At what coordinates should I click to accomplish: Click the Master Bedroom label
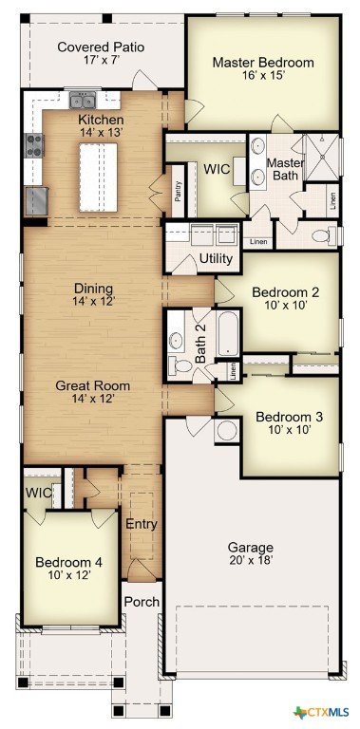pyautogui.click(x=263, y=63)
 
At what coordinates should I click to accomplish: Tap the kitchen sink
pyautogui.click(x=83, y=100)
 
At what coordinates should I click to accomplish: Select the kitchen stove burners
pyautogui.click(x=34, y=145)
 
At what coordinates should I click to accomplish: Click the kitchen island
pyautogui.click(x=98, y=178)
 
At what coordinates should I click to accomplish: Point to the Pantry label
pyautogui.click(x=178, y=191)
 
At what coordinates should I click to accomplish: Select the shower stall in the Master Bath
pyautogui.click(x=321, y=158)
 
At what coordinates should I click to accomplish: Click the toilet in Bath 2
pyautogui.click(x=180, y=364)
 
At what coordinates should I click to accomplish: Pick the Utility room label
pyautogui.click(x=216, y=258)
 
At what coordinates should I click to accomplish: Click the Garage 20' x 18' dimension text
pyautogui.click(x=250, y=560)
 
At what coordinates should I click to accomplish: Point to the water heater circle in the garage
pyautogui.click(x=227, y=431)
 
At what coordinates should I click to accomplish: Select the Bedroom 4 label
pyautogui.click(x=68, y=562)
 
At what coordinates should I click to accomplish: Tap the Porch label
pyautogui.click(x=142, y=602)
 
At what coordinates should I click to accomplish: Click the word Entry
pyautogui.click(x=142, y=524)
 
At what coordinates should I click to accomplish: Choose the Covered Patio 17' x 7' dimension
pyautogui.click(x=101, y=61)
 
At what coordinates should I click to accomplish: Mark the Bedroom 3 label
pyautogui.click(x=289, y=416)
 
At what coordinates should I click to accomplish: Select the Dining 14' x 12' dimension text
pyautogui.click(x=93, y=301)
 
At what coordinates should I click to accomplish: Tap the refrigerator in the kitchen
pyautogui.click(x=37, y=201)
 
